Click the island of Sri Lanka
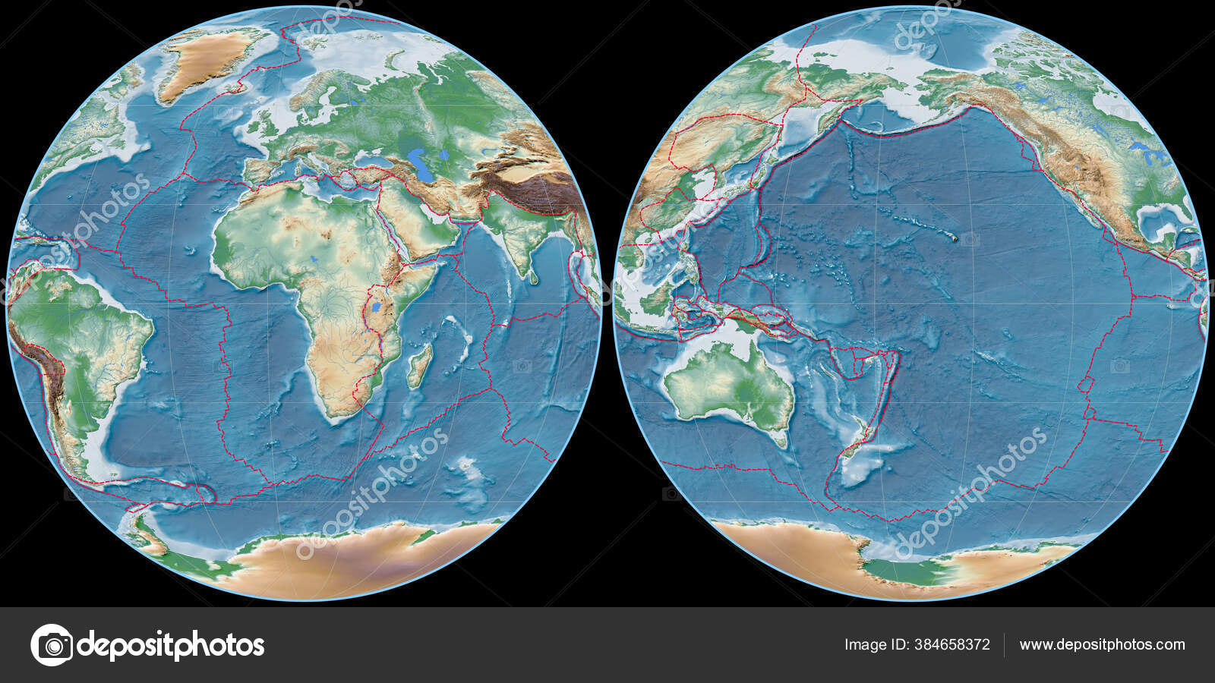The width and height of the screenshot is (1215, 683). click(535, 278)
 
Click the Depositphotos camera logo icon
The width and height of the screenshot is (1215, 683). click(52, 645)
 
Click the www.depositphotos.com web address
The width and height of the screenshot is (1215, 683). click(1102, 645)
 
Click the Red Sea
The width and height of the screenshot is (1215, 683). click(388, 228)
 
